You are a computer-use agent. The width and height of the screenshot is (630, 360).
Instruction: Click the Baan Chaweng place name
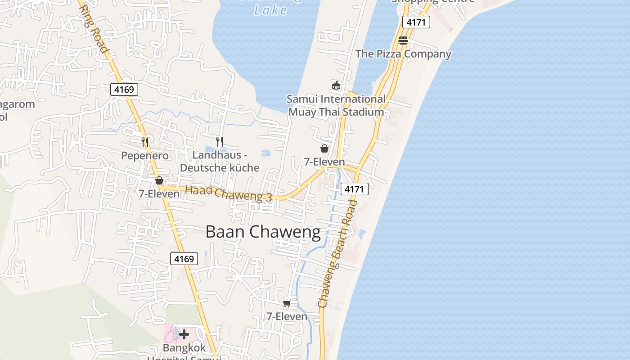pyautogui.click(x=263, y=232)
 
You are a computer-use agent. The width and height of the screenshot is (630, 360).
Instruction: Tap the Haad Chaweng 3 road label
pyautogui.click(x=229, y=193)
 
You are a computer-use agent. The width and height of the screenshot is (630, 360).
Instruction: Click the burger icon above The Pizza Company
pyautogui.click(x=403, y=40)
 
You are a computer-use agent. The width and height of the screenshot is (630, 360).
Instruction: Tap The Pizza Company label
pyautogui.click(x=403, y=54)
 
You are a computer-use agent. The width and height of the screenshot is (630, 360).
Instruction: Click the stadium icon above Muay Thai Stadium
pyautogui.click(x=336, y=85)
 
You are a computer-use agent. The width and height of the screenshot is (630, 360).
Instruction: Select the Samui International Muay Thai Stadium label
pyautogui.click(x=336, y=105)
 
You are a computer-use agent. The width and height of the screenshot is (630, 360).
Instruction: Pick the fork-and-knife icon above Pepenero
pyautogui.click(x=145, y=142)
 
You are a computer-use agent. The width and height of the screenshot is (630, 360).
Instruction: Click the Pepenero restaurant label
pyautogui.click(x=145, y=156)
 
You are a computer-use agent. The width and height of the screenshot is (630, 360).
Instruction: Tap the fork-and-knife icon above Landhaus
pyautogui.click(x=220, y=141)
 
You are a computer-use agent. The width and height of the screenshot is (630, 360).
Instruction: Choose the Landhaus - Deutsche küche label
pyautogui.click(x=220, y=161)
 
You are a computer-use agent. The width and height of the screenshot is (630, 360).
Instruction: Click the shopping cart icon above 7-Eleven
pyautogui.click(x=287, y=303)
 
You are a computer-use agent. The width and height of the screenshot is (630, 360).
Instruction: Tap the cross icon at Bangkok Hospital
pyautogui.click(x=184, y=334)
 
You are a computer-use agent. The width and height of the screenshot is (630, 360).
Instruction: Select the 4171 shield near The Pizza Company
pyautogui.click(x=416, y=22)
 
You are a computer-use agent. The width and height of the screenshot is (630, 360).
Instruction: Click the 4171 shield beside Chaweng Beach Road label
pyautogui.click(x=354, y=189)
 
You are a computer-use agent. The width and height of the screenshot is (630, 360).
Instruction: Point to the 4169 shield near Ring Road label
pyautogui.click(x=124, y=90)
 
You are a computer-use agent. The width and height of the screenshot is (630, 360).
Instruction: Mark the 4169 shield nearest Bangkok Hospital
pyautogui.click(x=184, y=259)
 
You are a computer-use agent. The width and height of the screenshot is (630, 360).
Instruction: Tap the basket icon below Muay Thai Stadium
pyautogui.click(x=324, y=148)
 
